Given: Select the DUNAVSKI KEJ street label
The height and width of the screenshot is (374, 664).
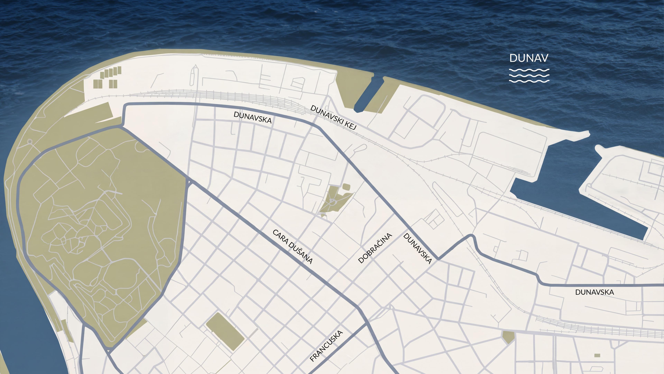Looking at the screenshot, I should (333, 117).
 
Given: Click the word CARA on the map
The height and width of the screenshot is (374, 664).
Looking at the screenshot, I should (280, 237).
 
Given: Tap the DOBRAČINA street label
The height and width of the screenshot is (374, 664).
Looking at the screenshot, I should (375, 248).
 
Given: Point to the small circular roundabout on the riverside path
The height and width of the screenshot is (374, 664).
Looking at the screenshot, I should (30, 141).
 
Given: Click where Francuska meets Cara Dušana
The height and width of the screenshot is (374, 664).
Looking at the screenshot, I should (366, 325).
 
